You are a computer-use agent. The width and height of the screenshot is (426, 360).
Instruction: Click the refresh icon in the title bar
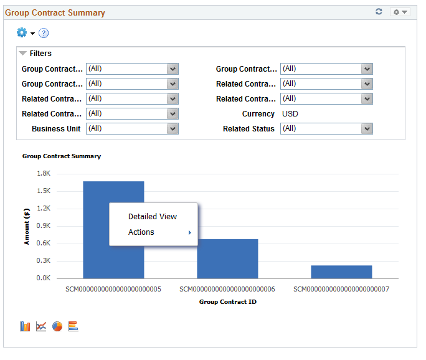coord(379,12)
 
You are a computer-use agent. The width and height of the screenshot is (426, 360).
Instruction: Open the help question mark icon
coord(44,33)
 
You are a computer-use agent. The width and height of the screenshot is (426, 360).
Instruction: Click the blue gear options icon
coord(22,32)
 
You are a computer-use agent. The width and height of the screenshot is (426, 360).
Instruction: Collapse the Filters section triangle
coord(23,54)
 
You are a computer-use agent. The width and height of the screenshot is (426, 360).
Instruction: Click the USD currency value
coord(290,114)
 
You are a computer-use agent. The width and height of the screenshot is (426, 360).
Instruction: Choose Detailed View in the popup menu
coord(153,217)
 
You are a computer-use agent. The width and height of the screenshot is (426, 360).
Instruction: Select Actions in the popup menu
coord(141,232)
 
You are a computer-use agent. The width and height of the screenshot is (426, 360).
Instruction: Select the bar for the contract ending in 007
coord(341,272)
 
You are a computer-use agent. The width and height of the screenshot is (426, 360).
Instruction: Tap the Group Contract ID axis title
coord(228,301)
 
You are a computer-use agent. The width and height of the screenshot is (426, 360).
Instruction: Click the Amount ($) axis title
coord(27,226)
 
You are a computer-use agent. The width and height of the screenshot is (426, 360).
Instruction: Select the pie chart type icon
coord(57,326)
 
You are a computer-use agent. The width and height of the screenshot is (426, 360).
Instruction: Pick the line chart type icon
coord(41,326)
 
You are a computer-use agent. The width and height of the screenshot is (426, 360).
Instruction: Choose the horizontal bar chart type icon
coord(73,326)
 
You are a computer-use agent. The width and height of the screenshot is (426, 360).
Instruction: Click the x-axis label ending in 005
coord(113,289)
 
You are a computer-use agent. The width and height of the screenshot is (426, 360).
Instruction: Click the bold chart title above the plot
coord(62,156)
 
